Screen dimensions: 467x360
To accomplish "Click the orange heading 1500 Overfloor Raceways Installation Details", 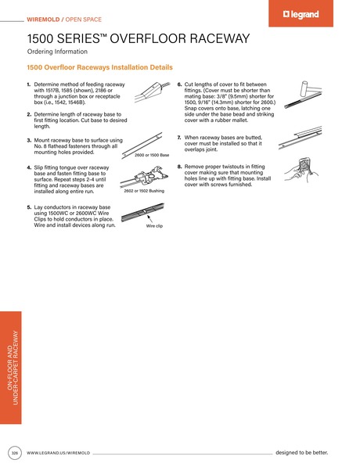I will [99, 68].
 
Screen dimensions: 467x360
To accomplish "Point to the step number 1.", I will [29, 84].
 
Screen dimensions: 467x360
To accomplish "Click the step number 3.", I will [29, 139].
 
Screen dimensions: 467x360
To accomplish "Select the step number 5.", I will [29, 207].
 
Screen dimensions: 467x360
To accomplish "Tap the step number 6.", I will [179, 84].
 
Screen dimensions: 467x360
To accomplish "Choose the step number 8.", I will [179, 167].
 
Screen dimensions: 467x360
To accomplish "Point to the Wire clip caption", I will [154, 225].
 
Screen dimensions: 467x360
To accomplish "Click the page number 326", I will [14, 453].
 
